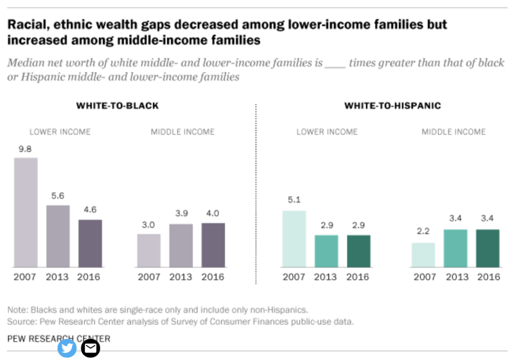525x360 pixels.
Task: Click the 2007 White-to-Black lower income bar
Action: (x=26, y=212)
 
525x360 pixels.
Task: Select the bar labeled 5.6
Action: (x=58, y=236)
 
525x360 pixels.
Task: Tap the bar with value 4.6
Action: (x=90, y=243)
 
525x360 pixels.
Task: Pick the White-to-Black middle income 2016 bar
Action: (x=213, y=244)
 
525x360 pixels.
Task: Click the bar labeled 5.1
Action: (x=294, y=239)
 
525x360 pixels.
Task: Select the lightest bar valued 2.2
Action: (x=423, y=255)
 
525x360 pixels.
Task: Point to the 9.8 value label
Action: (x=26, y=149)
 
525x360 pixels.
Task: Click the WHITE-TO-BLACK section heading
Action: (x=117, y=106)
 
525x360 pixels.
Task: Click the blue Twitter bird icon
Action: (x=67, y=347)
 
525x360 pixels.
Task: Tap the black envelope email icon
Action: (x=90, y=347)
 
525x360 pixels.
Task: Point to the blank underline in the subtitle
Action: (x=336, y=64)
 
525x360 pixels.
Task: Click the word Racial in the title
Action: (x=26, y=25)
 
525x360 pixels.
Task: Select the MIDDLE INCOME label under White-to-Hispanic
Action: (x=454, y=132)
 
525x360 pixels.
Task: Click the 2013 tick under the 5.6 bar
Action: (x=58, y=277)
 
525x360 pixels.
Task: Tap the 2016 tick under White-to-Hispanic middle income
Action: (x=488, y=277)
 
